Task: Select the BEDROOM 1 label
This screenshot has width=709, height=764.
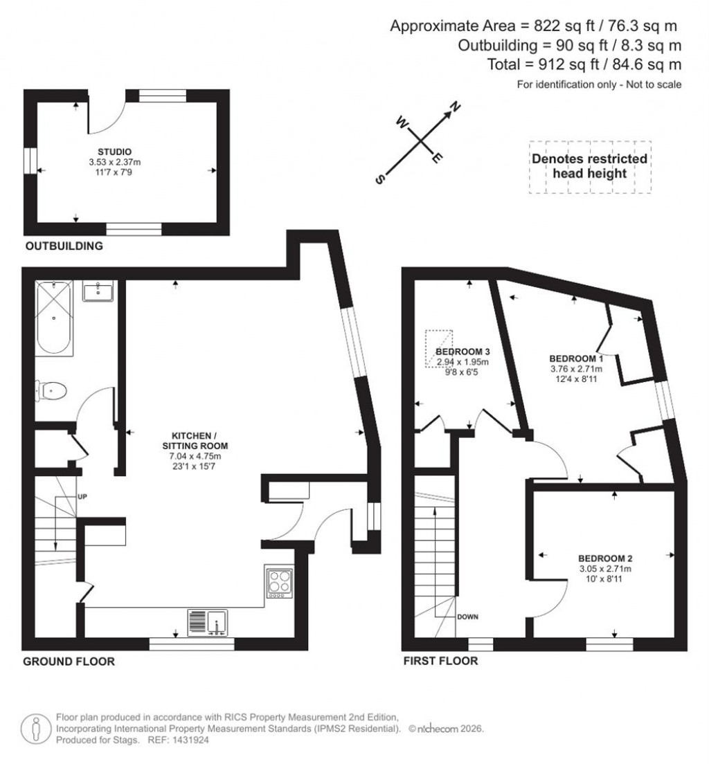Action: [576, 358]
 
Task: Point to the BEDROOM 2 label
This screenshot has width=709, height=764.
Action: [605, 558]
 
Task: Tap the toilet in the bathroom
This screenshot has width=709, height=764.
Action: [52, 392]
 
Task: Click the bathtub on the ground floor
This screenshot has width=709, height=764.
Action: [53, 316]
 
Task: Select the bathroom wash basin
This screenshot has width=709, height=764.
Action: [98, 291]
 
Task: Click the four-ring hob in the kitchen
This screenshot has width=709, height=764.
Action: [278, 581]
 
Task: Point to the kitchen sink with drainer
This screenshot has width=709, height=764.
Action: [208, 621]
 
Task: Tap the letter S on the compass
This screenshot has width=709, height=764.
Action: [379, 179]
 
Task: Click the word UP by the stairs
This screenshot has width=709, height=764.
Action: [82, 496]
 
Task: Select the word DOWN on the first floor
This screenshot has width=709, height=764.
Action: [467, 616]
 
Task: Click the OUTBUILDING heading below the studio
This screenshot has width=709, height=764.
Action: [64, 246]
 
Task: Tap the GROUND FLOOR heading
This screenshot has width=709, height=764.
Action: [69, 661]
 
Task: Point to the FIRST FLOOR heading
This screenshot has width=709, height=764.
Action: [440, 661]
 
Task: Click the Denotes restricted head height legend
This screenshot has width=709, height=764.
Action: [589, 165]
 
